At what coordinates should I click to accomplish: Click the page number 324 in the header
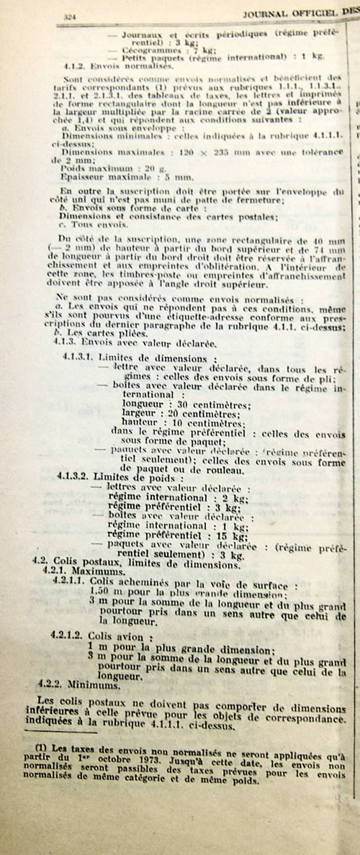point(70,15)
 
